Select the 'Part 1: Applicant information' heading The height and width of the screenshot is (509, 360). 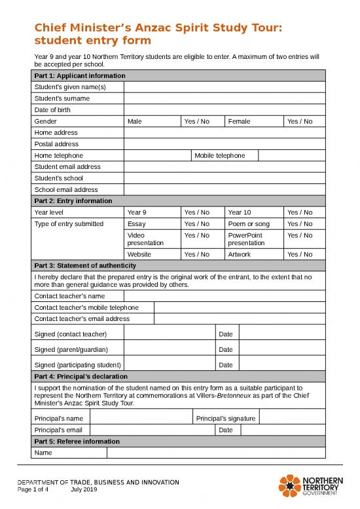click(79, 75)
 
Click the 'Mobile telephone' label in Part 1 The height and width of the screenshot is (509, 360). click(219, 155)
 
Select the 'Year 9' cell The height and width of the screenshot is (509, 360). click(137, 212)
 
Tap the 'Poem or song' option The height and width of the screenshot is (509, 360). click(244, 224)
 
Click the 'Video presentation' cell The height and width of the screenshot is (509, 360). click(145, 238)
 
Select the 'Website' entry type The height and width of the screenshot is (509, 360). click(139, 254)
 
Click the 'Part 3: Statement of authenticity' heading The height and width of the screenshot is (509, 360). click(85, 265)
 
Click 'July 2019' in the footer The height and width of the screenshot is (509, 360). click(84, 490)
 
